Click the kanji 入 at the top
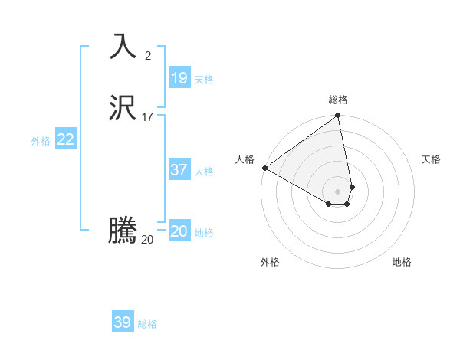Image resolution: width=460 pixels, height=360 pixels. tap(123, 47)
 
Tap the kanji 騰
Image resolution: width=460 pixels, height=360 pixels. tap(123, 231)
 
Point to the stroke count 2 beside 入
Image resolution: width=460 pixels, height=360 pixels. tap(147, 55)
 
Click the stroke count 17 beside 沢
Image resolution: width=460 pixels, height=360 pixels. tap(147, 117)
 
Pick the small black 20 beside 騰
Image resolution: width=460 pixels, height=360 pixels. tap(147, 239)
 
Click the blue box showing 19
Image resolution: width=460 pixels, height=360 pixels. tap(179, 78)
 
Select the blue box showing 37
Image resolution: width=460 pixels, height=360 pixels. tap(179, 170)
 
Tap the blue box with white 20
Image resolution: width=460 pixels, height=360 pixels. tap(179, 231)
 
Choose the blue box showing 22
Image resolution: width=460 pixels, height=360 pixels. tap(66, 139)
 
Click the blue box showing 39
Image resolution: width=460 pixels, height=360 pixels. tap(123, 322)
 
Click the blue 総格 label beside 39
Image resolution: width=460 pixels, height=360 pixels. tap(147, 324)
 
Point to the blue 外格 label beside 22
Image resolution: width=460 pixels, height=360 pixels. tap(41, 141)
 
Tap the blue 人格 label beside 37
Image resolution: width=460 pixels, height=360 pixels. tap(205, 172)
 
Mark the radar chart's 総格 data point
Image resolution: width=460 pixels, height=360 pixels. tap(338, 116)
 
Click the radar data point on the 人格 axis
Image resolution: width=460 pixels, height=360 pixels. tap(264, 168)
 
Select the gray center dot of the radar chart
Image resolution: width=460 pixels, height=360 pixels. tap(338, 191)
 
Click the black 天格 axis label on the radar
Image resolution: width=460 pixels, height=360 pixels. tap(431, 159)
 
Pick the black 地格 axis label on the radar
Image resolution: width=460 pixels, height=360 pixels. tap(402, 262)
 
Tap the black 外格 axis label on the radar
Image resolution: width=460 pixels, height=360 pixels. tap(270, 262)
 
